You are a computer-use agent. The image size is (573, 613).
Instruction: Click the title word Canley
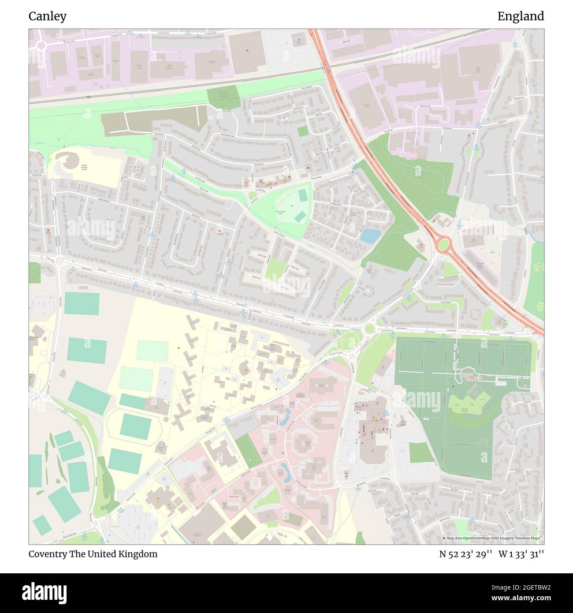pyautogui.click(x=48, y=16)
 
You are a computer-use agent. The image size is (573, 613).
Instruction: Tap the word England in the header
pyautogui.click(x=521, y=16)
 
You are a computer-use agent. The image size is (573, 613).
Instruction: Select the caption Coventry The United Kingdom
pyautogui.click(x=93, y=554)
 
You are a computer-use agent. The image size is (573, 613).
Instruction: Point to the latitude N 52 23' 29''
pyautogui.click(x=465, y=554)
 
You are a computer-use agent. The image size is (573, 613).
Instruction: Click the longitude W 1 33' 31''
pyautogui.click(x=521, y=554)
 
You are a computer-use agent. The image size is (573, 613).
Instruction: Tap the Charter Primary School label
pyautogui.click(x=84, y=168)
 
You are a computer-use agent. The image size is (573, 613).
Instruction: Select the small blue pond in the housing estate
pyautogui.click(x=368, y=236)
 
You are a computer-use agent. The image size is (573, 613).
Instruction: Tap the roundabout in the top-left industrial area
pyautogui.click(x=42, y=45)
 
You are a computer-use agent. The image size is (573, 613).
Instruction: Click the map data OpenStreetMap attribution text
pyautogui.click(x=493, y=538)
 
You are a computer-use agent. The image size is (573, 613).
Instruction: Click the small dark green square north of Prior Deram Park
pyautogui.click(x=302, y=131)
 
